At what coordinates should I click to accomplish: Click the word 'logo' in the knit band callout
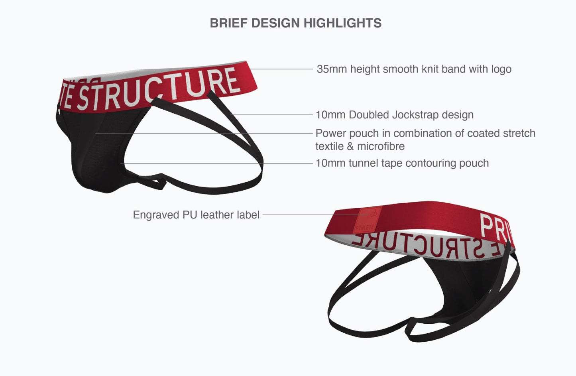coord(501,69)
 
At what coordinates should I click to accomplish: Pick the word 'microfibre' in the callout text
coord(381,146)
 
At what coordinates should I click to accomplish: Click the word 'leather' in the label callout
coord(217,215)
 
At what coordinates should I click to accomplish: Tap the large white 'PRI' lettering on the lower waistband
coord(494,227)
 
